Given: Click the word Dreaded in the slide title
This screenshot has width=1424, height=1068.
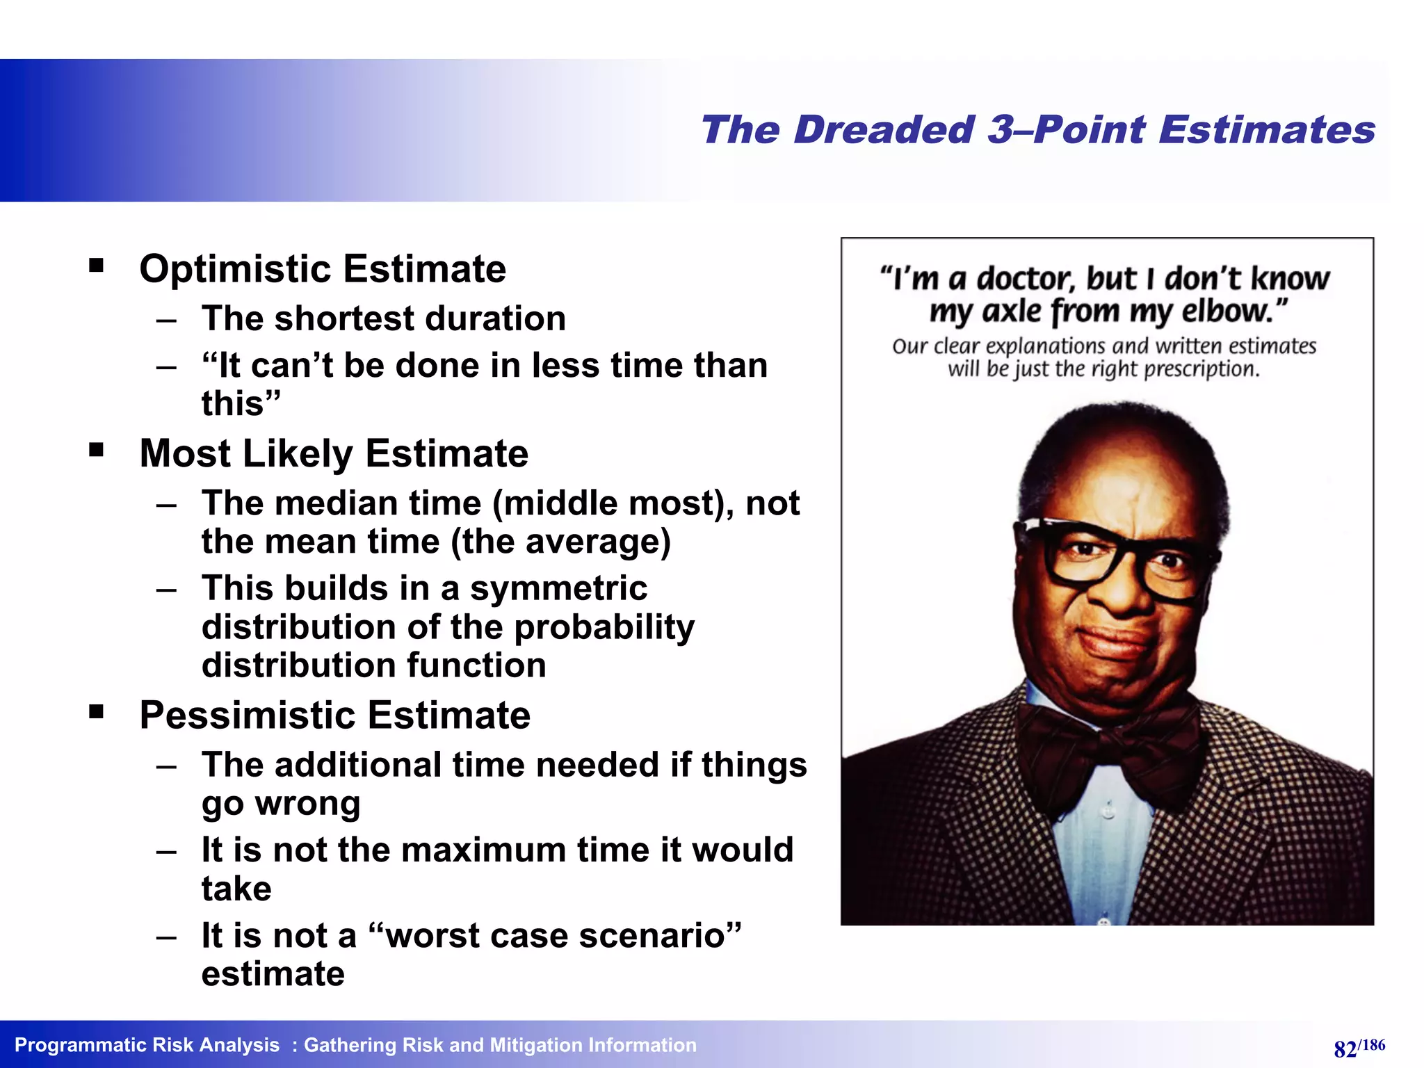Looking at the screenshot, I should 884,130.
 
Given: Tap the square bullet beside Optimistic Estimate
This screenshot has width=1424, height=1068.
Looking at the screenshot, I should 96,266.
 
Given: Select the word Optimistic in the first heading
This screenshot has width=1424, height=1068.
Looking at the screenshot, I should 236,269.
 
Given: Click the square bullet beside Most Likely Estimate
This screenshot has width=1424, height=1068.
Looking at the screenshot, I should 96,450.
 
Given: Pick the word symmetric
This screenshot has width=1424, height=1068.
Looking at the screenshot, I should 558,588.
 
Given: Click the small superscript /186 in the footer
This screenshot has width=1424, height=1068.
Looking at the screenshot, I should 1371,1044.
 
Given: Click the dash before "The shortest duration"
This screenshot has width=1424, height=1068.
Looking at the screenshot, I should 166,320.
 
